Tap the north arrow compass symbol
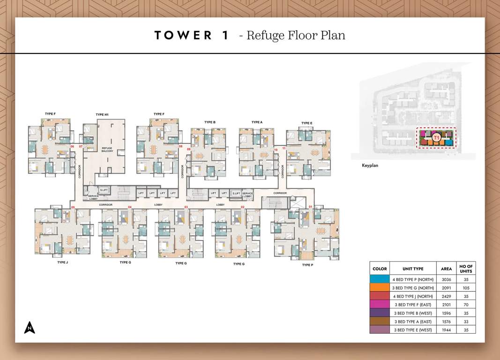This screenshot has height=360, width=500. point(30,328)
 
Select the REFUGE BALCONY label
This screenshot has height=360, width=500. point(107,150)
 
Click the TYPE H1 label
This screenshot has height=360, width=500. point(102,114)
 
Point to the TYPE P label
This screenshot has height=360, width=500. point(307,265)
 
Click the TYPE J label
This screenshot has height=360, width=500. point(63,262)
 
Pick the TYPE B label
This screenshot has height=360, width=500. point(210,122)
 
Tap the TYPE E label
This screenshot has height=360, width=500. point(306,123)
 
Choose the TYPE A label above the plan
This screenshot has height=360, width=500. point(257,122)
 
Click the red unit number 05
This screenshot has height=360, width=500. point(73,207)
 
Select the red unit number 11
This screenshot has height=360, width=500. point(284,149)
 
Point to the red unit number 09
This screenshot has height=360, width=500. point(188,149)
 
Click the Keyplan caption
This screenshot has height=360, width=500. point(370,165)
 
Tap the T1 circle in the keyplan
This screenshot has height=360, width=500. point(436,138)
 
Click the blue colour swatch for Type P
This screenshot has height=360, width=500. point(380,279)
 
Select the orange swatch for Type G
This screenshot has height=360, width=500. point(380,288)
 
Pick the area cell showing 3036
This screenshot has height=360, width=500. point(446,279)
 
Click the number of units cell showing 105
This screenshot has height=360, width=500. point(466,288)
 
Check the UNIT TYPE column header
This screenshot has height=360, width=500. point(413,269)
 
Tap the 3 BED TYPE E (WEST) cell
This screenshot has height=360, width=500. point(413,330)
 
